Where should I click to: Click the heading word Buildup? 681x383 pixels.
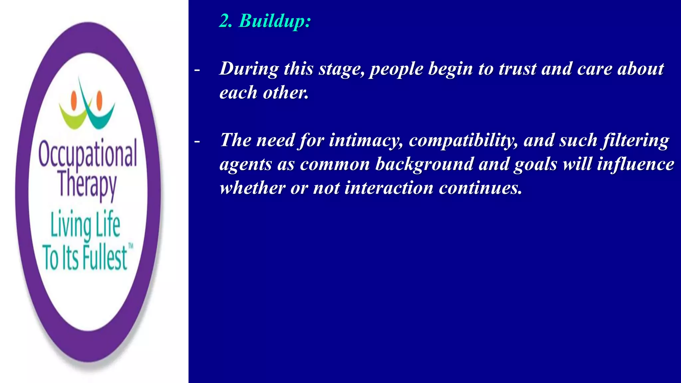(275, 21)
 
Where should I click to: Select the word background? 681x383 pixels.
(424, 164)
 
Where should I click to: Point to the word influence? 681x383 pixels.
(635, 164)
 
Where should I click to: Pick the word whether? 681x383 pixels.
(252, 188)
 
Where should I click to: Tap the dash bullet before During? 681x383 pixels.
(197, 70)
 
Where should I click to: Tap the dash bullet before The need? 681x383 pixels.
(197, 142)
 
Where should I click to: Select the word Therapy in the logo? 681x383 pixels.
(87, 185)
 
